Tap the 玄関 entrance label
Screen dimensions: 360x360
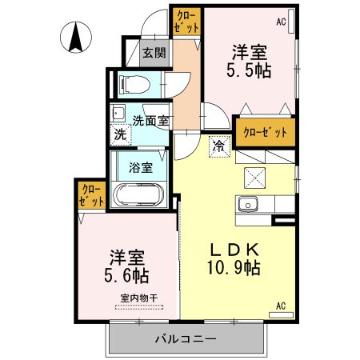[154, 54]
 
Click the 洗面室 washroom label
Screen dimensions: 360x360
[150, 121]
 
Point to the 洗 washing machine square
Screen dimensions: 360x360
[120, 134]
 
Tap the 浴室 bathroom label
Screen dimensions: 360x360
[141, 169]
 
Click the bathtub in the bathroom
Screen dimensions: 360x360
[140, 195]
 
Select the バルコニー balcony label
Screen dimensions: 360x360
[186, 339]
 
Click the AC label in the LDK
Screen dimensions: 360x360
[281, 305]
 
